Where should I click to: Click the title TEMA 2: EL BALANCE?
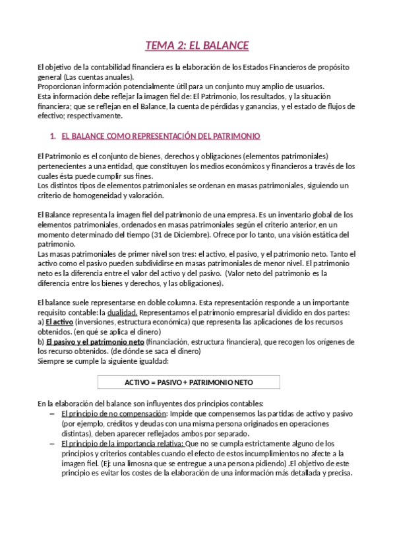(197, 46)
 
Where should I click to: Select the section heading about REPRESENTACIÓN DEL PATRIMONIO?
(160, 136)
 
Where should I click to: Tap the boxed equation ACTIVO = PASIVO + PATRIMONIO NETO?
(197, 382)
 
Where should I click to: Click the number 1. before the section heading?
(53, 136)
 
